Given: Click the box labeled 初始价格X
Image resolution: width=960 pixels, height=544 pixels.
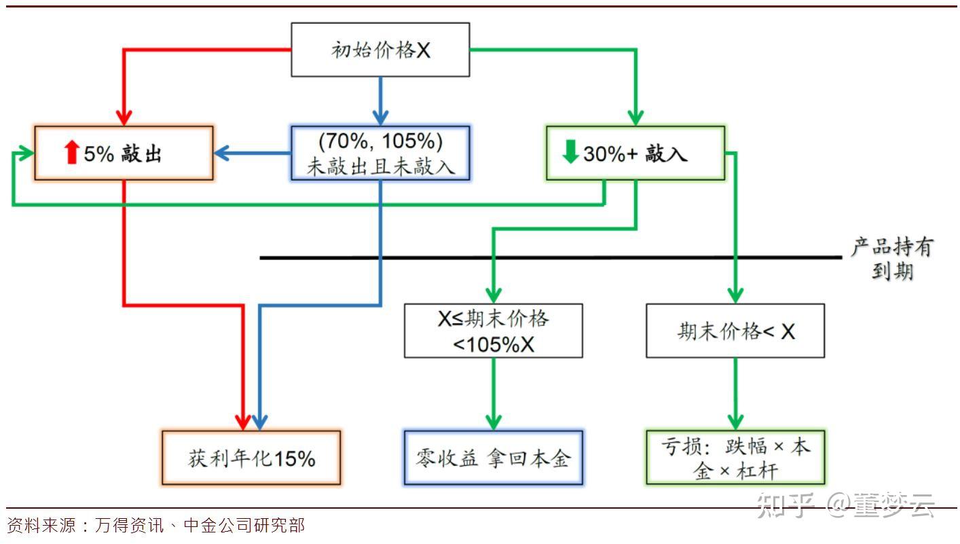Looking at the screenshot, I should [x=380, y=50].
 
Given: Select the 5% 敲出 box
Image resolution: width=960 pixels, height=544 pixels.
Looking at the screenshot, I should [x=124, y=153].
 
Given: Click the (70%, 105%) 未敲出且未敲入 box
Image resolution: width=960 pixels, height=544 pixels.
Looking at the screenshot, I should [x=380, y=153].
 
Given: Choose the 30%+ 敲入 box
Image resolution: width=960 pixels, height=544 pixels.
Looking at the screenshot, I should [x=635, y=153].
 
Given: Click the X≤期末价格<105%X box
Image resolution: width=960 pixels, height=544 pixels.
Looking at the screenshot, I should [x=493, y=331].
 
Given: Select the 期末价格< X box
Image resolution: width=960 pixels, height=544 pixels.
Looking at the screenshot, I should [x=735, y=331].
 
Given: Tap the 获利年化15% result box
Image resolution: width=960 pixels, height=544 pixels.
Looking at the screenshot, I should [x=251, y=458].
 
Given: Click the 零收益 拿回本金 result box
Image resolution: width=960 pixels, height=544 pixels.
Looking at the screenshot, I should [x=493, y=458].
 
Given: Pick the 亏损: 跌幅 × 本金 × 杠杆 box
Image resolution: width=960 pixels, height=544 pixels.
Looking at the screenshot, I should [x=735, y=458].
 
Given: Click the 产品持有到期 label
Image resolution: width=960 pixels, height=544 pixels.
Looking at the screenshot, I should [x=891, y=259].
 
